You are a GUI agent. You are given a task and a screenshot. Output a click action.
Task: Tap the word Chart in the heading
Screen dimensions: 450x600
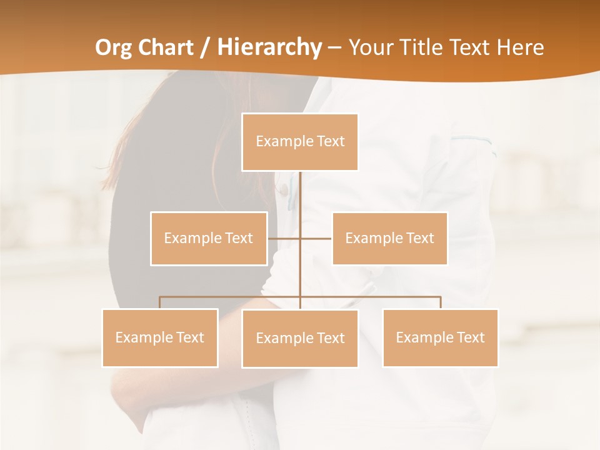[162, 47]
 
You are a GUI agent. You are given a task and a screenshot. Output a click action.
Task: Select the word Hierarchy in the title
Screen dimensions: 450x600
[269, 47]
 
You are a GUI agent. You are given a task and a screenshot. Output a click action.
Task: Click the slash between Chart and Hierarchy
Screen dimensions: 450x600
[205, 48]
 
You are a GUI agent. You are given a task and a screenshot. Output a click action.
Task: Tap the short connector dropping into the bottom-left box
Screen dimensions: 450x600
[160, 302]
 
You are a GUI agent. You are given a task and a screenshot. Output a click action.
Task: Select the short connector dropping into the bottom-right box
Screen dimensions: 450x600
[441, 302]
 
